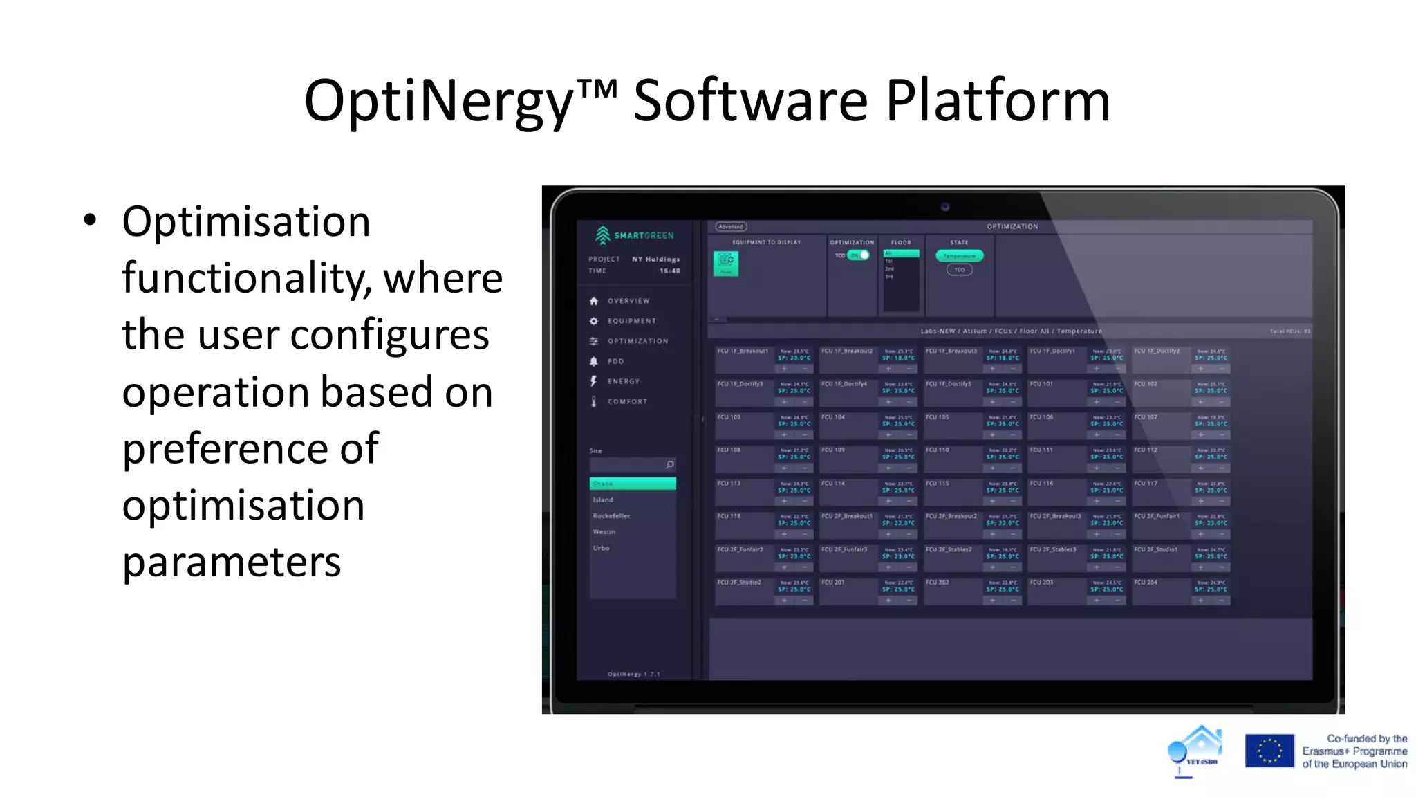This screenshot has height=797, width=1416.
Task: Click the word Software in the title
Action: coord(749,101)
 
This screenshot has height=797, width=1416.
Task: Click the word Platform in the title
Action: coord(997,101)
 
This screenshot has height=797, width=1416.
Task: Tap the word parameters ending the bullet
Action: coord(232,562)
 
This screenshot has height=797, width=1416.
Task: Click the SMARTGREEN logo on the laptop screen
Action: coord(634,235)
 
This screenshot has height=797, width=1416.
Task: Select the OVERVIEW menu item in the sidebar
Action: coord(628,301)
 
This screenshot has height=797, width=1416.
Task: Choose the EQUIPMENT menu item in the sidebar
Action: coord(631,321)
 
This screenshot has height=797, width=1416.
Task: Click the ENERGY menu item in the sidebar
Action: coord(623,381)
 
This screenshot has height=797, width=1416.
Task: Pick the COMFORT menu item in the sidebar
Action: coord(627,401)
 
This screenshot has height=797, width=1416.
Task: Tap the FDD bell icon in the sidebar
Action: coord(593,361)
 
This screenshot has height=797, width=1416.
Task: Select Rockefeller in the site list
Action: coord(611,515)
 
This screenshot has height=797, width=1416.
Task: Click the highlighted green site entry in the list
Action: coord(632,484)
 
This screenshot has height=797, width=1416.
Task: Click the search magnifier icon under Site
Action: coord(669,464)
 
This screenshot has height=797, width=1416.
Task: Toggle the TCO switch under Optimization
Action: coord(859,255)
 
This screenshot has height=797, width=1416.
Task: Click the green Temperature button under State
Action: coord(959,256)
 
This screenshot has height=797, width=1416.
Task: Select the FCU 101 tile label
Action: coord(1041,384)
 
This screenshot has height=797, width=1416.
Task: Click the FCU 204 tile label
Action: coord(1146,583)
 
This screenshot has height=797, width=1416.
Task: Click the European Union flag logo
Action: coord(1269,751)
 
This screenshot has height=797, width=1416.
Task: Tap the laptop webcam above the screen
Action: coord(944,206)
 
